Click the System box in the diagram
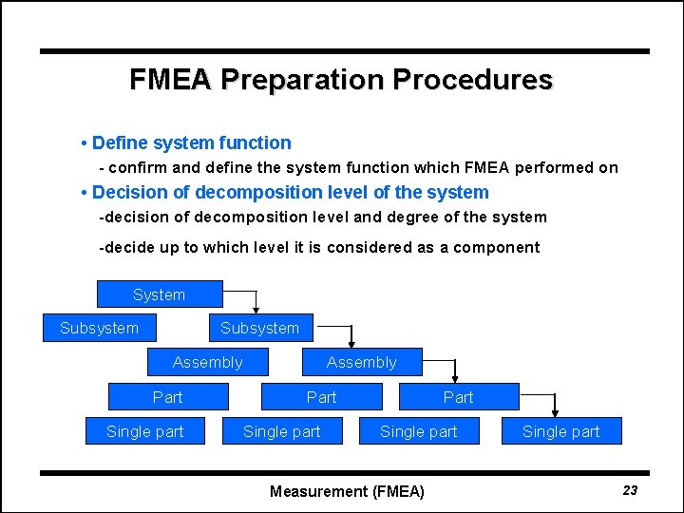[x=160, y=294]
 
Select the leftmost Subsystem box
[x=99, y=329]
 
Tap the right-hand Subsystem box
[x=259, y=329]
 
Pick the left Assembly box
[x=207, y=362]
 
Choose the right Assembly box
[x=361, y=362]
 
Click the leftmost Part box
[x=167, y=397]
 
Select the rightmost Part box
[x=458, y=397]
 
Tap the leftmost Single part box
[x=144, y=431]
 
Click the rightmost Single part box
[x=560, y=431]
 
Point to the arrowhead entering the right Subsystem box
[x=255, y=310]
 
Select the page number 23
[x=630, y=490]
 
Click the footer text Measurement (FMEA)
[x=347, y=491]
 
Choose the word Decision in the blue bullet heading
[x=132, y=193]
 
